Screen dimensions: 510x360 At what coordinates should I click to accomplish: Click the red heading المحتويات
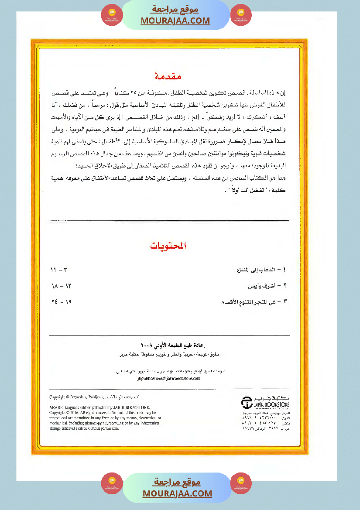(168, 246)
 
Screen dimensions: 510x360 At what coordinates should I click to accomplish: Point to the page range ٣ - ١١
(60, 270)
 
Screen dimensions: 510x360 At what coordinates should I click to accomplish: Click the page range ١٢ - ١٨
(61, 286)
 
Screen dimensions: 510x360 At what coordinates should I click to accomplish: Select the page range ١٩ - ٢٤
(61, 301)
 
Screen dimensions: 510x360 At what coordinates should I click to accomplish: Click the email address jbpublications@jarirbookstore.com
(168, 379)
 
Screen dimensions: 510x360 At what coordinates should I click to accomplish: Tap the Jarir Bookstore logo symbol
(247, 403)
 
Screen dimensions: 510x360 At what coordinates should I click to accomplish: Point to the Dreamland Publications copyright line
(95, 397)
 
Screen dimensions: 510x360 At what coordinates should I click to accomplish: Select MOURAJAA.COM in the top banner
(175, 21)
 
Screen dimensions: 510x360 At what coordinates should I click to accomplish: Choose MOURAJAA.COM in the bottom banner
(177, 493)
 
